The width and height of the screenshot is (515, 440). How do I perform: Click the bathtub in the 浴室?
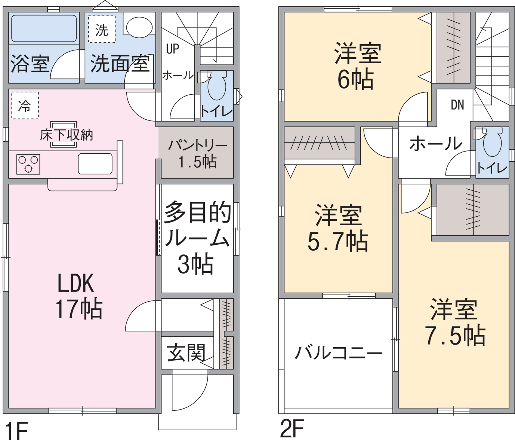tap(44, 28)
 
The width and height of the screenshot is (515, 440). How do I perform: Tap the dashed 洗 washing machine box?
tap(102, 29)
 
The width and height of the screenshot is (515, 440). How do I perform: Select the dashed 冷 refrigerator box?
tap(25, 105)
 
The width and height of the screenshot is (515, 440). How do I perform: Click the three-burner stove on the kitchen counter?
tap(28, 164)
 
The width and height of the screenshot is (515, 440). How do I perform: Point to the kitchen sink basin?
tap(95, 164)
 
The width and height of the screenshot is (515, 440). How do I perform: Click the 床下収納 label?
tap(66, 135)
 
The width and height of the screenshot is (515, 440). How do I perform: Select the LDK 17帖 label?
tap(78, 296)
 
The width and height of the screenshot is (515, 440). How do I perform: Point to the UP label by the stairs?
tap(173, 49)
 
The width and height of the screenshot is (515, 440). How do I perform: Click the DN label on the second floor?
tap(457, 105)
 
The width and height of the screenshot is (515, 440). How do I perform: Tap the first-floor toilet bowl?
tap(217, 86)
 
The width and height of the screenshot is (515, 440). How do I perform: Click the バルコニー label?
tap(339, 353)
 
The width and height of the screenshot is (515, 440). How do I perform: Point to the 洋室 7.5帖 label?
tap(455, 322)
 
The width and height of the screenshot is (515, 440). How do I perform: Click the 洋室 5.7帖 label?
tap(338, 228)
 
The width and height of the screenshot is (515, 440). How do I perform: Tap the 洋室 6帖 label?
tap(357, 66)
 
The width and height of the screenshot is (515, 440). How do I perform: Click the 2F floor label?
tap(292, 428)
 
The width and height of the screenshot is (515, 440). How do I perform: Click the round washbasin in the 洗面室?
tap(139, 27)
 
